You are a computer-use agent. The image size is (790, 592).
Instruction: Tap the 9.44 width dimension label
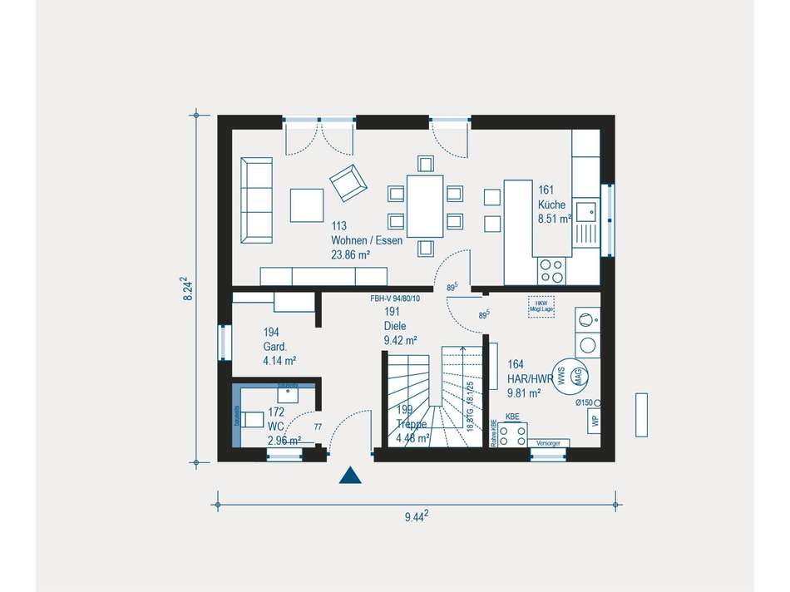click(416, 516)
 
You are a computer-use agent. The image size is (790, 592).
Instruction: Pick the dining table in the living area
click(425, 205)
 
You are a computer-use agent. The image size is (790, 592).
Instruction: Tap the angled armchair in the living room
click(348, 182)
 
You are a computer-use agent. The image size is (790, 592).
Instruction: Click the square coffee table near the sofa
click(307, 205)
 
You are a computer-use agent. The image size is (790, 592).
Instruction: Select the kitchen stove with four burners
click(551, 269)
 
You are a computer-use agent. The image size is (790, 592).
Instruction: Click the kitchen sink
click(587, 215)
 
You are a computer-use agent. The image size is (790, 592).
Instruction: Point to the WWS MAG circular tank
click(573, 377)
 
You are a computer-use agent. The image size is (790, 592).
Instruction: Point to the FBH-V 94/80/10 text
click(396, 298)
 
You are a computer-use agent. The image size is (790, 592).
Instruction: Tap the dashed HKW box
click(541, 306)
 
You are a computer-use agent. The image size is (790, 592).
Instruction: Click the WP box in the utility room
click(595, 422)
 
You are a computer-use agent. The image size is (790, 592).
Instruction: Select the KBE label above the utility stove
click(512, 416)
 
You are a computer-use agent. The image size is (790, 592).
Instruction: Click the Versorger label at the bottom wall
click(547, 442)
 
